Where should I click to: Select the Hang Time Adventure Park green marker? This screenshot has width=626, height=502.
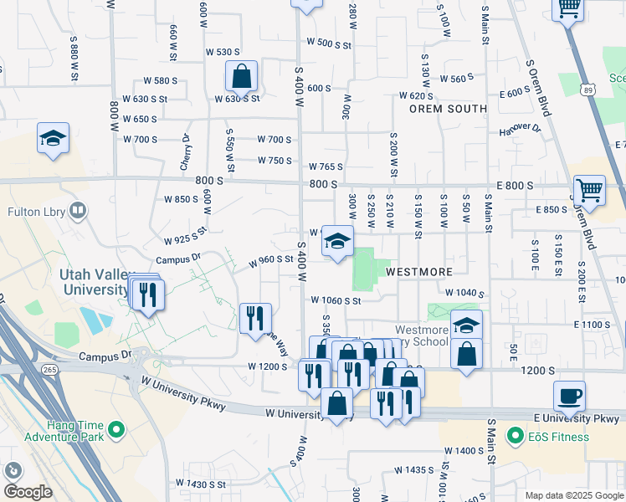116,430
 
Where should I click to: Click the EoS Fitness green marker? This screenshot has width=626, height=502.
516,435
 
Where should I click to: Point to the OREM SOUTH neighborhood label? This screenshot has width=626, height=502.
448,109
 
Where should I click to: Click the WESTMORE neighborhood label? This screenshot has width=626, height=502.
418,272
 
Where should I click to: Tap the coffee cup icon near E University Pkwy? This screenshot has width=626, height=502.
569,396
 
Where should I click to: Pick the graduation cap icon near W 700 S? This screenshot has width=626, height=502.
53,138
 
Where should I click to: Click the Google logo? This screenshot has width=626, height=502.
27,491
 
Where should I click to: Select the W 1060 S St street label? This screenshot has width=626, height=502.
335,300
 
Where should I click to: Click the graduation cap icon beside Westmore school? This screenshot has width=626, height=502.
466,325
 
